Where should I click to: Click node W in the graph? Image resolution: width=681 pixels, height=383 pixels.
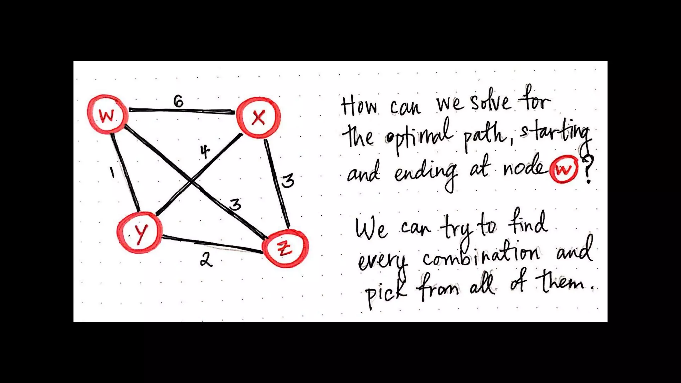pos(107,115)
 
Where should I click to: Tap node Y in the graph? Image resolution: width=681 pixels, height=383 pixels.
pos(140,232)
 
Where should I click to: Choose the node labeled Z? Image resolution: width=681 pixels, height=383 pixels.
pos(285,248)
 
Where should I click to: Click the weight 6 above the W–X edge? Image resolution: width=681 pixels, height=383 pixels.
pos(178,101)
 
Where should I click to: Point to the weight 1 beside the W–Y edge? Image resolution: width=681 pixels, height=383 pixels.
pos(112,172)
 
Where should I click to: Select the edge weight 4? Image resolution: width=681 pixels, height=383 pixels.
pos(205,152)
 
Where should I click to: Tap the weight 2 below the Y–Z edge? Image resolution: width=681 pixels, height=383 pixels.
pos(206,259)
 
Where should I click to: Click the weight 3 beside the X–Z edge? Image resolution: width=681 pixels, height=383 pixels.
pos(288,181)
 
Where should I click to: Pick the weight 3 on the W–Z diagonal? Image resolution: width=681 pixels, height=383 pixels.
pos(235,204)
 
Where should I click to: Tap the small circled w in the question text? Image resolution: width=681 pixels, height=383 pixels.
pos(564,169)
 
